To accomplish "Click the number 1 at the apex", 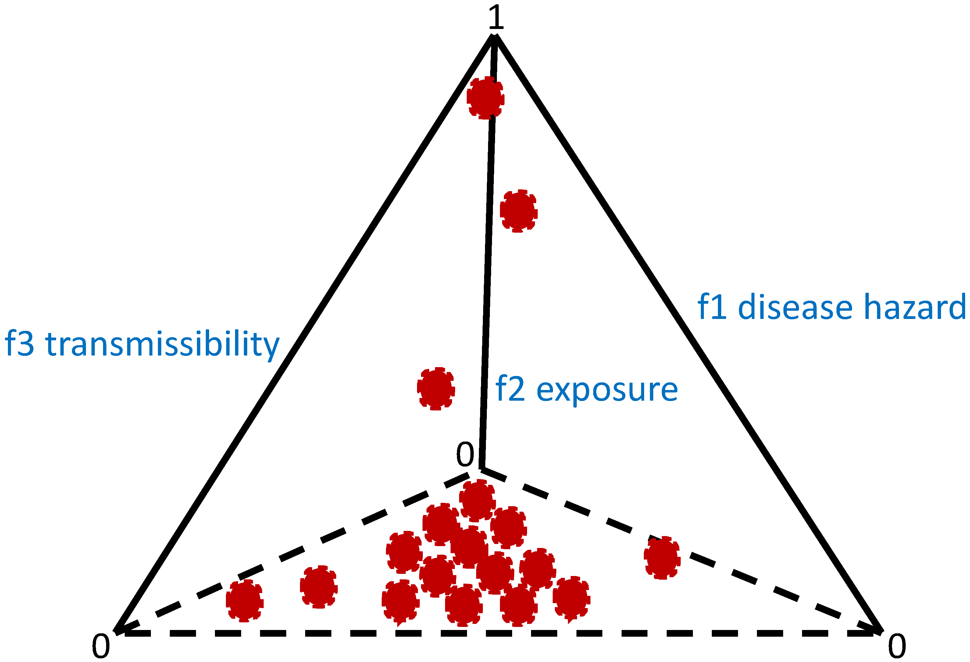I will [x=496, y=17].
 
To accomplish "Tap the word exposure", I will [x=607, y=391].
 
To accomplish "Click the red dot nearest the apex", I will [x=485, y=98].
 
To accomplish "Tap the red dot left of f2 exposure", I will [x=436, y=388].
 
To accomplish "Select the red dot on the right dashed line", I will [x=662, y=558].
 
